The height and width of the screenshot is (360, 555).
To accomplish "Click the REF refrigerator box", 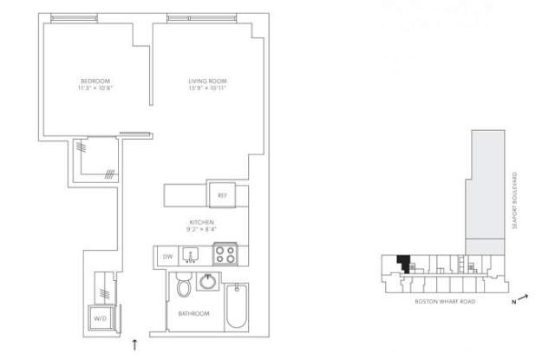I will tap(221, 195).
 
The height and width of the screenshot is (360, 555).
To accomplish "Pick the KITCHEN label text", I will tap(201, 223).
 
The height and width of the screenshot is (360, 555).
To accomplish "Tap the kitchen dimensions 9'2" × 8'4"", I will tap(201, 231).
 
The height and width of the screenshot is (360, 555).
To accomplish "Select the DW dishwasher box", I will tap(168, 256).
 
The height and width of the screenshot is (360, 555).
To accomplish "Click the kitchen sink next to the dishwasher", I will tap(194, 255).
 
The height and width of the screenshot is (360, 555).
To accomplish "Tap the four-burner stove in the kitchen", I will tap(227, 255).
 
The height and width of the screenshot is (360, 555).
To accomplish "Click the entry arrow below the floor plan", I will tap(134, 345).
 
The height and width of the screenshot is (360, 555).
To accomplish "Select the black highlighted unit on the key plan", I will tap(402, 263).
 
